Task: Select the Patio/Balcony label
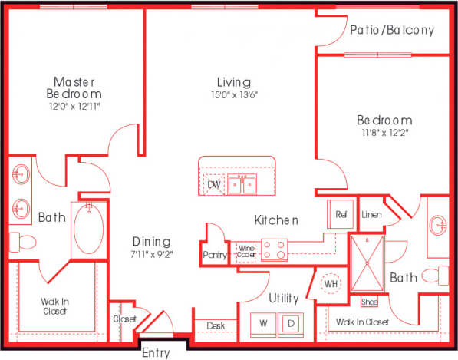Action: [x=392, y=31]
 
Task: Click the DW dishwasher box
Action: [x=214, y=185]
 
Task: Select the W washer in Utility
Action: [x=263, y=324]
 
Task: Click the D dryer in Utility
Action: [x=291, y=324]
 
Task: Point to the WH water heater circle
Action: [x=331, y=284]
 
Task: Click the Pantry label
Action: [x=215, y=255]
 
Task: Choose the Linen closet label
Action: [x=371, y=214]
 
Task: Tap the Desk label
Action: [x=216, y=326]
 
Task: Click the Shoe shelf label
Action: [x=369, y=302]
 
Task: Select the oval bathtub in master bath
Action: [x=90, y=230]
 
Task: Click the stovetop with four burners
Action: [x=275, y=249]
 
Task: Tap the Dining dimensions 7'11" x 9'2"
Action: [x=152, y=253]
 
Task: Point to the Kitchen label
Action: [x=275, y=220]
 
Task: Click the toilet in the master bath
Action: [x=25, y=243]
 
